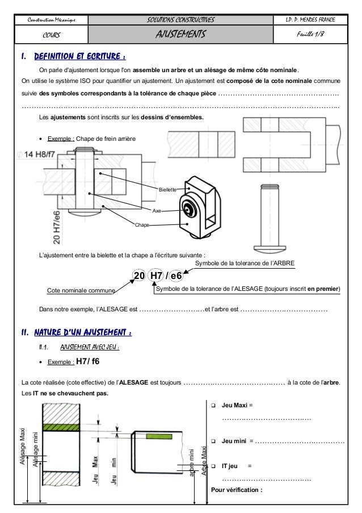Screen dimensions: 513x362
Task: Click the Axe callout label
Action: pos(158,210)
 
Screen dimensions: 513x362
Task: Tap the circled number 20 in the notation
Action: pos(138,276)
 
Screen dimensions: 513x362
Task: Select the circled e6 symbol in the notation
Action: pos(176,276)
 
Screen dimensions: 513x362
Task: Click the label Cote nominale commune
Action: pos(81,290)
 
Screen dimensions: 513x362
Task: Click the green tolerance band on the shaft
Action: pos(159,436)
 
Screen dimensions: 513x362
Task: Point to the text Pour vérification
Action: pos(237,490)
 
